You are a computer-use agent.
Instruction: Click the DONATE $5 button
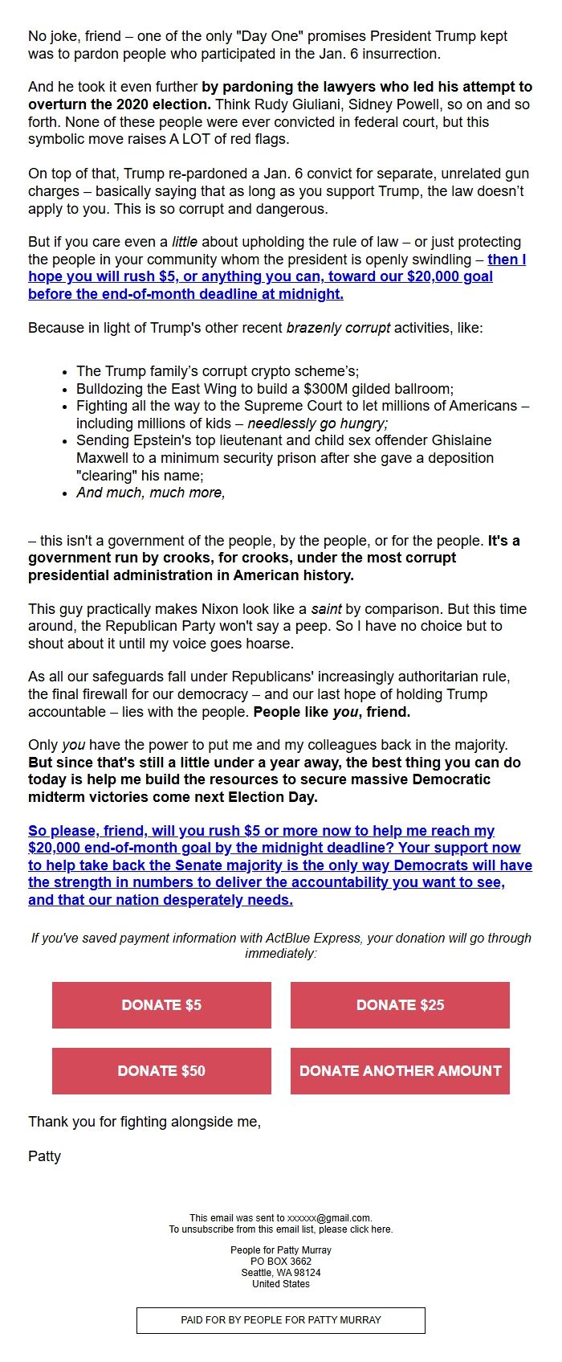pos(161,1005)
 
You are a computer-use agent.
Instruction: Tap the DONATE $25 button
pos(400,1005)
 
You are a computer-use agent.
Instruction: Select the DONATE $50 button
pos(161,1071)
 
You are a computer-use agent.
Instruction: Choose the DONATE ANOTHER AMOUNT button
pos(400,1071)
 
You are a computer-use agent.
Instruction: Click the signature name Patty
pos(45,1156)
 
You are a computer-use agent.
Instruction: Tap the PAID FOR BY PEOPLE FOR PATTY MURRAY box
pos(281,1320)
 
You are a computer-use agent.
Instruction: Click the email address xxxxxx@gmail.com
pos(329,1218)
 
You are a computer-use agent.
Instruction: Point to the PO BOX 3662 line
pos(281,1262)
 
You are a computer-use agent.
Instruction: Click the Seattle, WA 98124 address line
pos(281,1273)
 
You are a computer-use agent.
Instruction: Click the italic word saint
pos(327,609)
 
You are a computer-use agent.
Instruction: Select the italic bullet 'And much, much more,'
pos(151,493)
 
